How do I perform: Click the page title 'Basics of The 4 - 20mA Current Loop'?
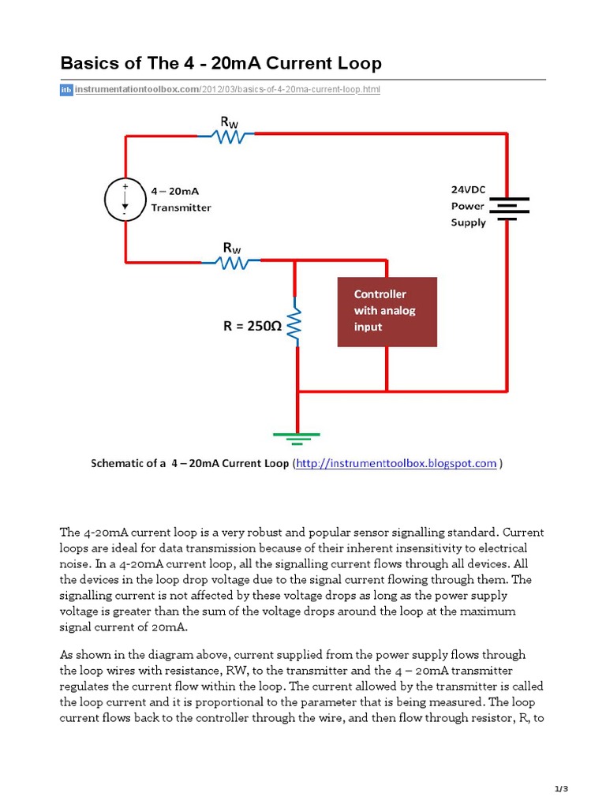click(x=221, y=63)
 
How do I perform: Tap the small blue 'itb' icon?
click(x=66, y=90)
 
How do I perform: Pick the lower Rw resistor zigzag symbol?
click(x=233, y=260)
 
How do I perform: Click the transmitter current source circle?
click(x=125, y=200)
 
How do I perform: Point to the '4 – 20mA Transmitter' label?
click(x=181, y=199)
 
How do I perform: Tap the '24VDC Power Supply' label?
click(x=468, y=206)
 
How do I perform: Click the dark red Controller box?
click(x=387, y=311)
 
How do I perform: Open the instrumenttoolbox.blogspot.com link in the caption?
click(x=396, y=464)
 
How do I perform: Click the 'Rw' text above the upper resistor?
click(x=230, y=121)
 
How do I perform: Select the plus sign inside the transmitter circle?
click(x=124, y=186)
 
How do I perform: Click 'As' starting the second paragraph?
click(x=66, y=654)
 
